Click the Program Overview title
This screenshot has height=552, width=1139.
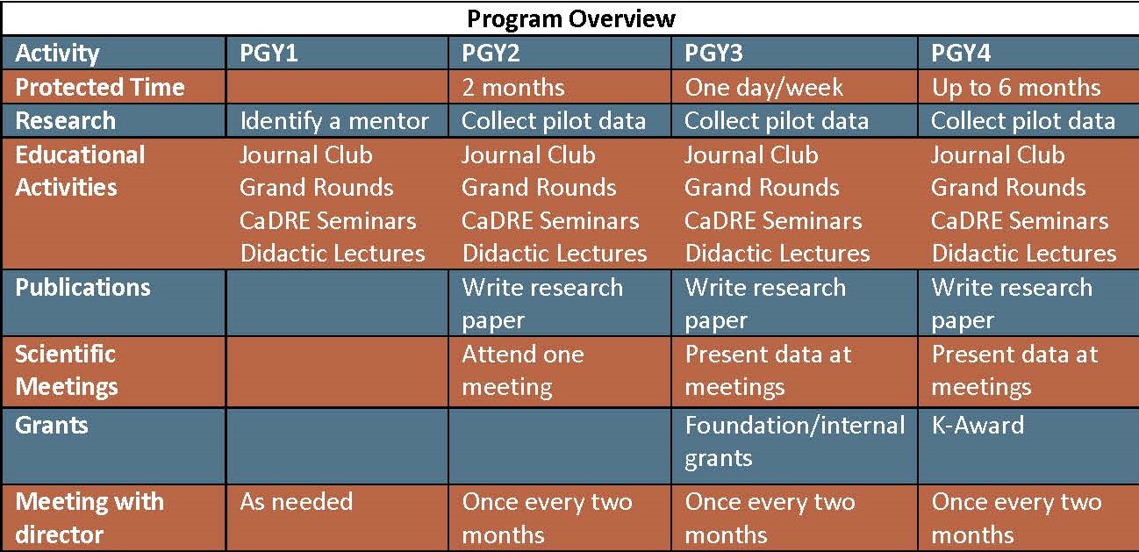(x=571, y=18)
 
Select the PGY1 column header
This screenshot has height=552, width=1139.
(x=269, y=53)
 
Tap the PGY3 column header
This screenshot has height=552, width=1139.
(x=713, y=53)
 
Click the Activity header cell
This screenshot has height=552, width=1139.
(x=57, y=54)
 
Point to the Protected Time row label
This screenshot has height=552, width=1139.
(x=100, y=87)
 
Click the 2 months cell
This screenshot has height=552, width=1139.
(x=513, y=88)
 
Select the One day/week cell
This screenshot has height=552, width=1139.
(x=763, y=88)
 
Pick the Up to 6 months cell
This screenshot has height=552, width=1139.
(x=1016, y=88)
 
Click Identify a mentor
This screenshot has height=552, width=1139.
(x=334, y=121)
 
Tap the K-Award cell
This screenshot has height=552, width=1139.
(x=978, y=426)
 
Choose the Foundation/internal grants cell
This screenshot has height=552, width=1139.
(x=795, y=441)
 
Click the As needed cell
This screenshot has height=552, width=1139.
(x=296, y=502)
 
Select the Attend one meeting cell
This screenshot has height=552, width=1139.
(x=523, y=370)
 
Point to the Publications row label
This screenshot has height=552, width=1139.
(x=82, y=288)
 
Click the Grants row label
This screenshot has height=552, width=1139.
(x=52, y=426)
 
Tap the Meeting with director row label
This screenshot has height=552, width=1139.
(x=90, y=518)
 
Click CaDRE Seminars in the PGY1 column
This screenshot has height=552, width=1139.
(x=328, y=221)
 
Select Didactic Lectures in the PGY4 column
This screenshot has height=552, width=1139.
(x=1023, y=254)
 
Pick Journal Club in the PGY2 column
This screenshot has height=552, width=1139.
(x=528, y=154)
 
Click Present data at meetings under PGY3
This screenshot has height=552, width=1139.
(x=768, y=370)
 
